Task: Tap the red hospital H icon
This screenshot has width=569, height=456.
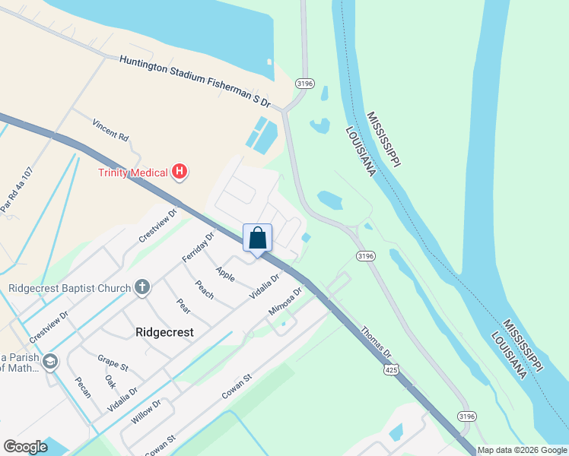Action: pos(179,172)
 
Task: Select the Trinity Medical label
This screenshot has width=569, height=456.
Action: pos(132,173)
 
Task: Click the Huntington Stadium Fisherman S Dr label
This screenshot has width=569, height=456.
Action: pos(195,81)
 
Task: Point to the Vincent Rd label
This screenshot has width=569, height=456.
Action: pos(111,129)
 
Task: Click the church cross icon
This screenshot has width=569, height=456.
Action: pos(141,287)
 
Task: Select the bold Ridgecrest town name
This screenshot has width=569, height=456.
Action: pos(164,332)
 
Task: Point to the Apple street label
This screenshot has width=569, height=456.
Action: pos(224,274)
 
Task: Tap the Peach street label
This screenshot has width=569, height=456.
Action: pos(205,290)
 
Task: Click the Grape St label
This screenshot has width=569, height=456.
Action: pos(113,363)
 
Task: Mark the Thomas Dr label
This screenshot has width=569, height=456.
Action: pos(376,343)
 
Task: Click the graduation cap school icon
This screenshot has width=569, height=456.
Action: pos(50,360)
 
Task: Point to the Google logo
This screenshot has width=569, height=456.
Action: pos(25,447)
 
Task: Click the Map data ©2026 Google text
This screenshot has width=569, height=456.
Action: pos(522,450)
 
